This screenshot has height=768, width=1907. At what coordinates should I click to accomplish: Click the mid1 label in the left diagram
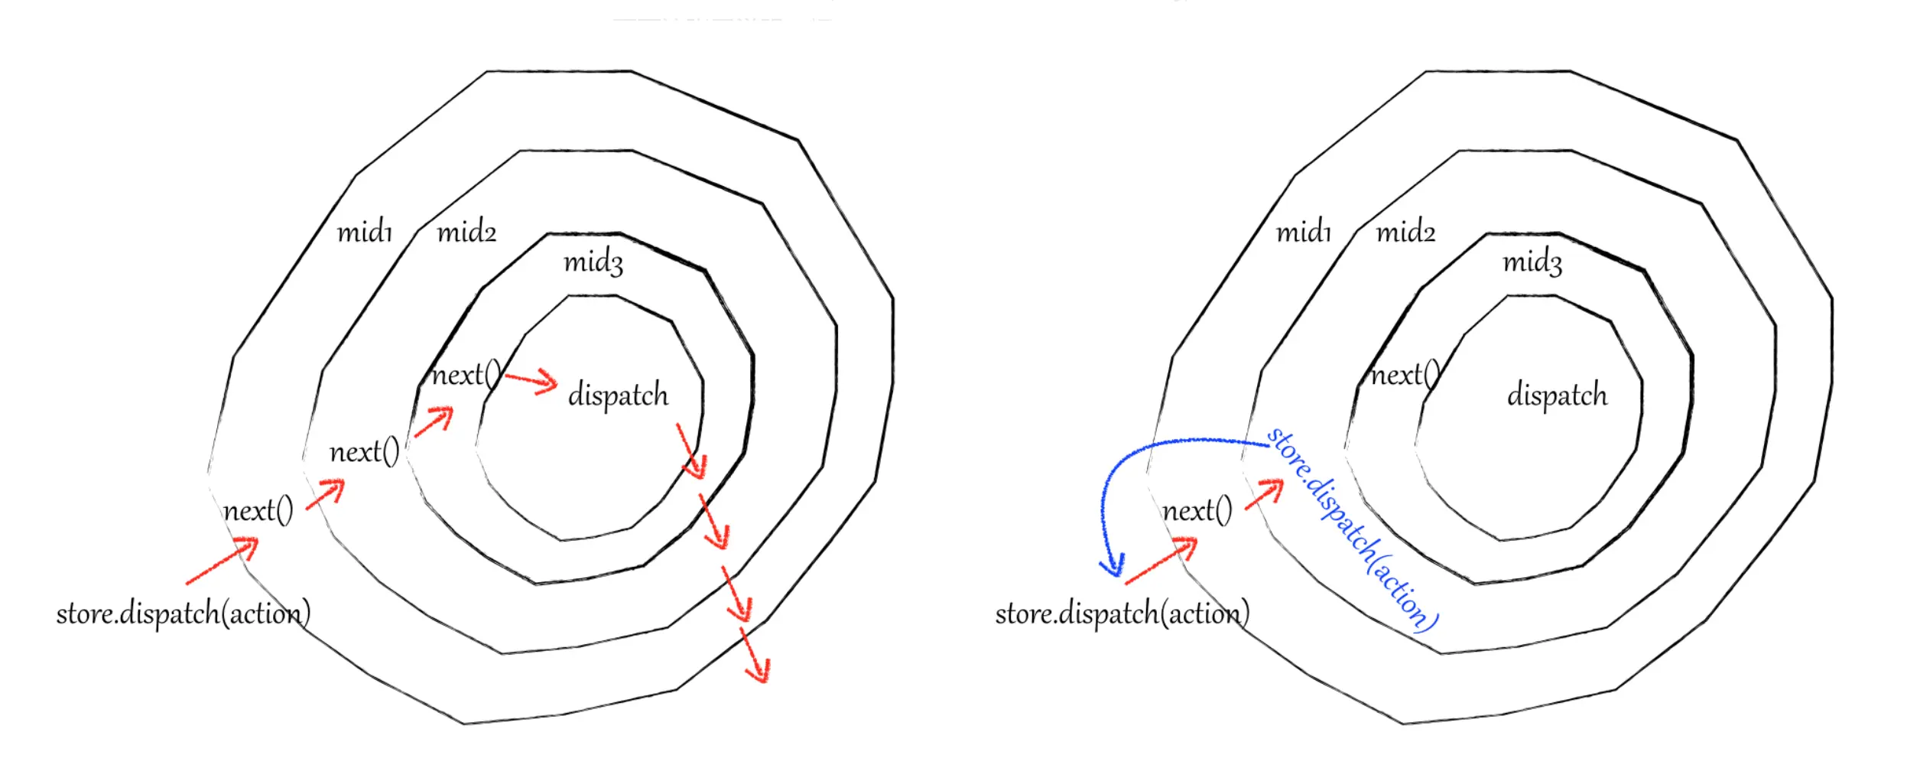click(365, 231)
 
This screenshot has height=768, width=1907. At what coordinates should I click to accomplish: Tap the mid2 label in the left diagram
click(466, 231)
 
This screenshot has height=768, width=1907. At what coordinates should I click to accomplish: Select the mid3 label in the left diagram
click(593, 262)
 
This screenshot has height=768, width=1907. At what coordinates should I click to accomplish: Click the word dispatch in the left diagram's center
click(618, 395)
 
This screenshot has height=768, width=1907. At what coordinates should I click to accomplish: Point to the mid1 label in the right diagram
click(1304, 231)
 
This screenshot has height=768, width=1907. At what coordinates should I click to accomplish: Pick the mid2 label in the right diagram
click(1405, 231)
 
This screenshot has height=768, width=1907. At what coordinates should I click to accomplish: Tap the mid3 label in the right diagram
click(1532, 262)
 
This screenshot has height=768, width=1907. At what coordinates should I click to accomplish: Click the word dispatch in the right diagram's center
click(1557, 395)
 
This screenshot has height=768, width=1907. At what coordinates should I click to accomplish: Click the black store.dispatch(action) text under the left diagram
click(184, 613)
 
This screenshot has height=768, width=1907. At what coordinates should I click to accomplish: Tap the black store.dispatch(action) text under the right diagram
click(1122, 613)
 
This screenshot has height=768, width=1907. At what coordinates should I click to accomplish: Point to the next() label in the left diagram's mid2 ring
click(364, 452)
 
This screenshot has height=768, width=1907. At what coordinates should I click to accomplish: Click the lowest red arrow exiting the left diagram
click(755, 655)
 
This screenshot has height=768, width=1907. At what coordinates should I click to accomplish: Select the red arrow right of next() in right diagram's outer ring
click(1265, 493)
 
